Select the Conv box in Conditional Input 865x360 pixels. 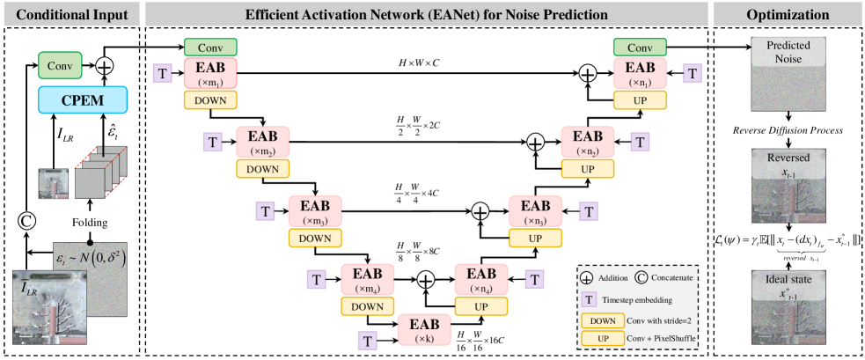point(59,64)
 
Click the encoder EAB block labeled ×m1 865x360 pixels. point(210,76)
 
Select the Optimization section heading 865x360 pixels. point(785,14)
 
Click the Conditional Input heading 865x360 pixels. point(69,14)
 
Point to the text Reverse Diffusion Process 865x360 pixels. point(785,130)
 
